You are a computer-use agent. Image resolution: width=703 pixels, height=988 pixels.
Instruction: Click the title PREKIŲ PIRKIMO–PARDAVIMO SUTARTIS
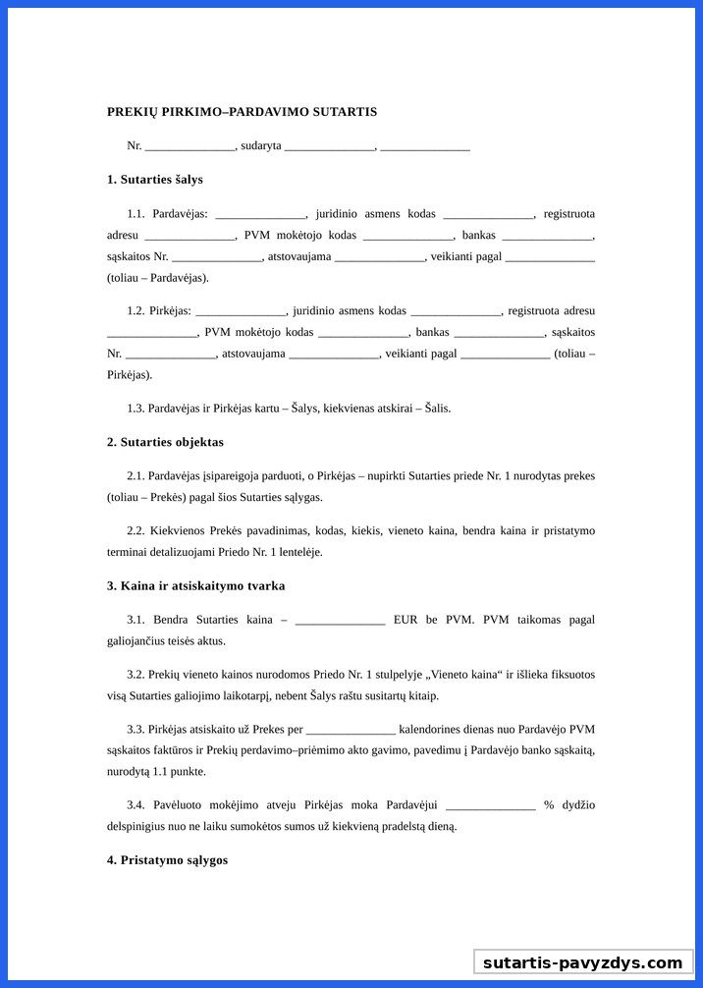click(x=242, y=112)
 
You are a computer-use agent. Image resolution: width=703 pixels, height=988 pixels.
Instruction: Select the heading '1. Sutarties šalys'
click(x=155, y=180)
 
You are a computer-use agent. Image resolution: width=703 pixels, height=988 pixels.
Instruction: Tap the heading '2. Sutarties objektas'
click(x=165, y=442)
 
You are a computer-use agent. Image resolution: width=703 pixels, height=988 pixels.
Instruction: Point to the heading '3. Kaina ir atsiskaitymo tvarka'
click(x=195, y=585)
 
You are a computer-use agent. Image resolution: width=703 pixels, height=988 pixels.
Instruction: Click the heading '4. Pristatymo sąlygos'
click(x=167, y=860)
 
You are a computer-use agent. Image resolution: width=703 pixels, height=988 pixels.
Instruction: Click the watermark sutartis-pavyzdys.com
click(x=582, y=962)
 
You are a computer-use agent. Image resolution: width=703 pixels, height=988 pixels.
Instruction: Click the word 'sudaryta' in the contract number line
click(x=260, y=145)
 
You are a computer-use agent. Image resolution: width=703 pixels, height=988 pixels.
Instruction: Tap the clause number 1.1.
click(x=135, y=214)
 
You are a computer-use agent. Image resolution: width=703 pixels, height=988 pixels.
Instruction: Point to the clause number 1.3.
click(x=135, y=408)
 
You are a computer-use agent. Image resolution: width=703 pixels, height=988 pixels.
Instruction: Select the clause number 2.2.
click(x=135, y=531)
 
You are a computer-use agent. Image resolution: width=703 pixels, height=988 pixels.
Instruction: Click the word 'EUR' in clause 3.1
click(x=406, y=620)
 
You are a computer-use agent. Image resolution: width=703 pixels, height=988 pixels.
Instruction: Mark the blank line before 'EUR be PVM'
click(x=340, y=621)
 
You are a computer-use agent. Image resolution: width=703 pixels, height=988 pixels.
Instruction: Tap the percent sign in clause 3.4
click(x=549, y=805)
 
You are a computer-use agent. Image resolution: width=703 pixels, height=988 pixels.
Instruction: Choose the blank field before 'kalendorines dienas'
click(x=351, y=731)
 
